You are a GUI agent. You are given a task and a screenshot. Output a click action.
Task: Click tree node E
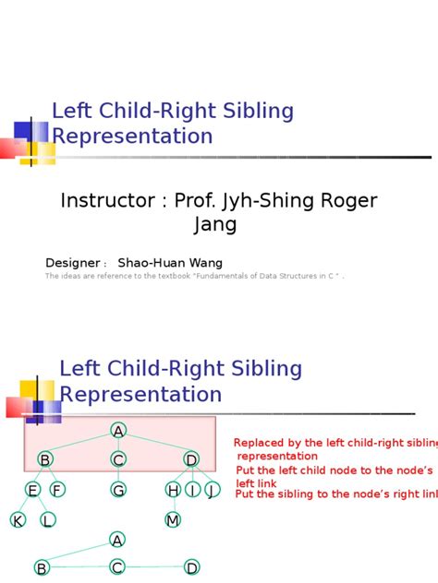click(x=32, y=490)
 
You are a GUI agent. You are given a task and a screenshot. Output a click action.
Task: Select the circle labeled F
click(x=57, y=490)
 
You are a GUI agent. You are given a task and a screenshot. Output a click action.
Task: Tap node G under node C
click(x=118, y=490)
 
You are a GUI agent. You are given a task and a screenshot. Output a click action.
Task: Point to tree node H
click(x=173, y=490)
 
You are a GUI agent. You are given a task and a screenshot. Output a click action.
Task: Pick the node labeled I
click(x=193, y=490)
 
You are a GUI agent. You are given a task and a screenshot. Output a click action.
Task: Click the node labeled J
click(x=213, y=490)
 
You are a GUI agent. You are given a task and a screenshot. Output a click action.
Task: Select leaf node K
click(x=18, y=520)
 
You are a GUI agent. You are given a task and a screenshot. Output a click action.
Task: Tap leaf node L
click(x=47, y=520)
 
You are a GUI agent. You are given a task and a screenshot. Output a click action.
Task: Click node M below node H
click(x=173, y=520)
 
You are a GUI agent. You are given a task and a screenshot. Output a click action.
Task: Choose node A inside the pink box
click(x=118, y=431)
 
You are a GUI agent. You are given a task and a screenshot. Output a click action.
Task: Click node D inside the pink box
click(x=191, y=459)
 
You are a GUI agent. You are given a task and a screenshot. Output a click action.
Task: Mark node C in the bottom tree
click(x=117, y=567)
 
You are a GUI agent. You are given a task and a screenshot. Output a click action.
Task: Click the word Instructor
click(x=103, y=201)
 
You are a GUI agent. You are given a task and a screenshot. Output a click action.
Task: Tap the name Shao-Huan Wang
click(x=170, y=263)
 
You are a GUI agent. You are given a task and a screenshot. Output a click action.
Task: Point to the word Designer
click(x=74, y=264)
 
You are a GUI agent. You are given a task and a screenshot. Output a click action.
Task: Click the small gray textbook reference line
click(x=194, y=276)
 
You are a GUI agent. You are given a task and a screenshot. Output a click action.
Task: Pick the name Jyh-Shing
click(x=275, y=201)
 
